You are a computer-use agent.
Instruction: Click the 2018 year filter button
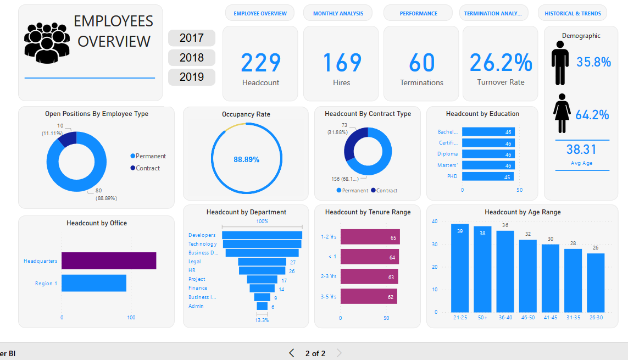click(191, 58)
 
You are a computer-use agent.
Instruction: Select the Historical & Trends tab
click(573, 13)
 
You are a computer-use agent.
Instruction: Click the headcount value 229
click(260, 63)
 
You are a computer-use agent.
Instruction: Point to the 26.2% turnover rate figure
click(501, 63)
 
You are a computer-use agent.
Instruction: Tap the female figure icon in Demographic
click(561, 113)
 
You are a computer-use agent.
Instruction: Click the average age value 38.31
click(581, 149)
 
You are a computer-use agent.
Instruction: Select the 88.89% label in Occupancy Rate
click(246, 159)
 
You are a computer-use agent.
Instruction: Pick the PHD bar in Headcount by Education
click(488, 177)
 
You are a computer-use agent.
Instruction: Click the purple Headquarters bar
click(109, 261)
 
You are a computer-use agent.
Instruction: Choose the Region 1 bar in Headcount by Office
click(94, 283)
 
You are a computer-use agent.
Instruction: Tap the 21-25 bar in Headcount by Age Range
click(459, 268)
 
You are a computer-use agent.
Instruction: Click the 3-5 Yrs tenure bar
click(368, 297)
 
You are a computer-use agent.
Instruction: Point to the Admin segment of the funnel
click(262, 306)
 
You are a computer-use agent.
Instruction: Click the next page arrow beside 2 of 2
click(339, 353)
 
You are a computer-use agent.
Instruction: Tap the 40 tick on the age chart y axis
click(435, 221)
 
